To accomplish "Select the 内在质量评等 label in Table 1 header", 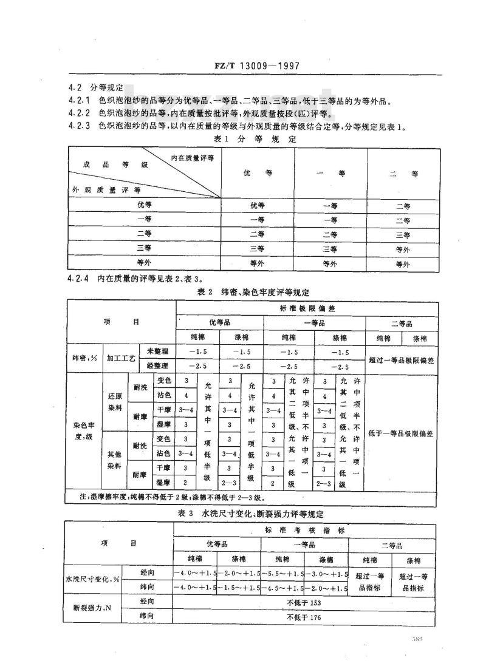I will tap(193, 158).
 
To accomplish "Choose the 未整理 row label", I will tap(157, 351).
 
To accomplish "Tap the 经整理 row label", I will tap(157, 366).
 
